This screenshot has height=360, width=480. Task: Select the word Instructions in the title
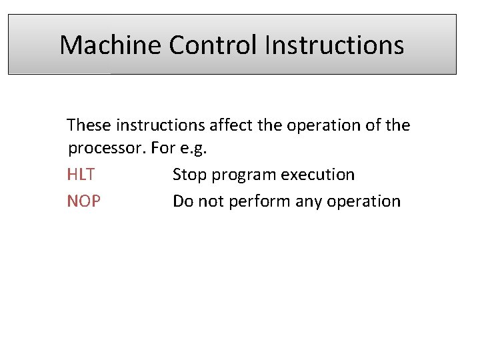334,45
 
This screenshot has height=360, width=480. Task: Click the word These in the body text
89,125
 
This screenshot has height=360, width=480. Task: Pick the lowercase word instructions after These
161,125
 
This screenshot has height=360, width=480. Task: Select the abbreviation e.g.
194,149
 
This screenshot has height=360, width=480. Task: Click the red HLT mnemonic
81,175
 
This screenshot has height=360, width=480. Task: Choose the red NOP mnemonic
84,201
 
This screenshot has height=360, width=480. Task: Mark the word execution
318,175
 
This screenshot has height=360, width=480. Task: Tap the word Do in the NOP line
183,201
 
